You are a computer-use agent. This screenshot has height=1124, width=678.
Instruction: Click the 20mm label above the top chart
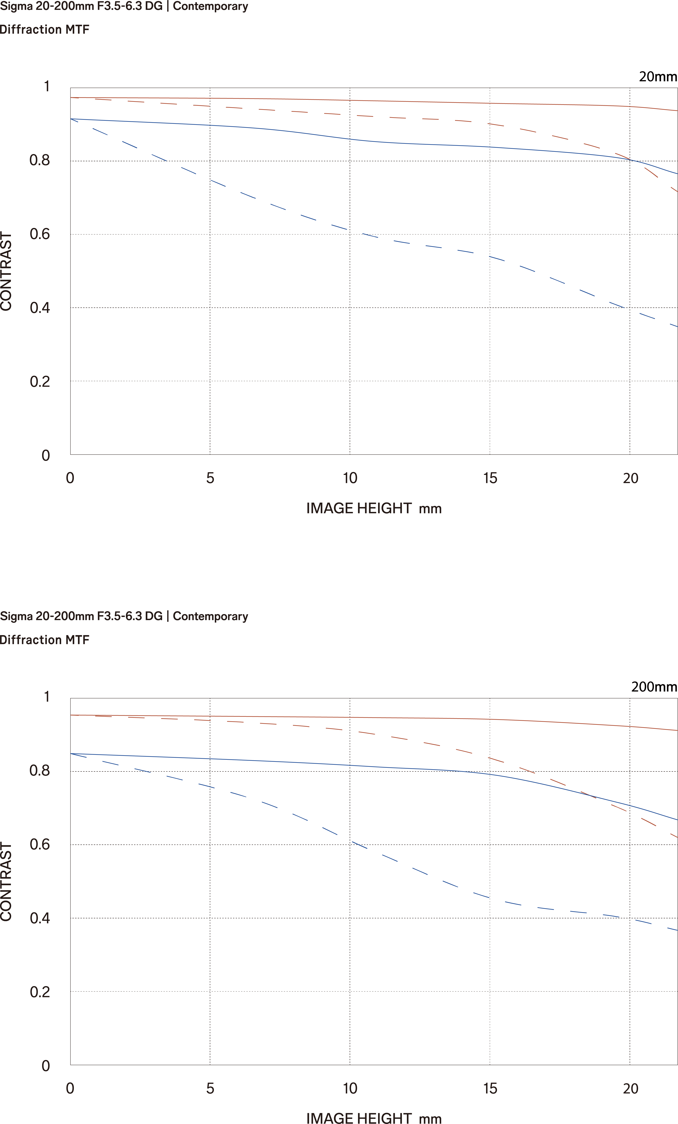658,77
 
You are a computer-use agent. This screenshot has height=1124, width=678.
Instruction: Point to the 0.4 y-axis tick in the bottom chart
40,918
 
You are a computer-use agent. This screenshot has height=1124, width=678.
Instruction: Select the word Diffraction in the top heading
31,30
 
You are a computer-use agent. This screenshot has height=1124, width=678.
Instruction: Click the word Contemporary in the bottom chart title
210,616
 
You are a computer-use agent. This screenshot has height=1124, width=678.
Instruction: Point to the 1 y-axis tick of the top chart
46,86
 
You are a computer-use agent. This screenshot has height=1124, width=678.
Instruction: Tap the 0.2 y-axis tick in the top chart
40,382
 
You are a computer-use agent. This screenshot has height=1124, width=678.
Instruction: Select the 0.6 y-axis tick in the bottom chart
40,844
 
